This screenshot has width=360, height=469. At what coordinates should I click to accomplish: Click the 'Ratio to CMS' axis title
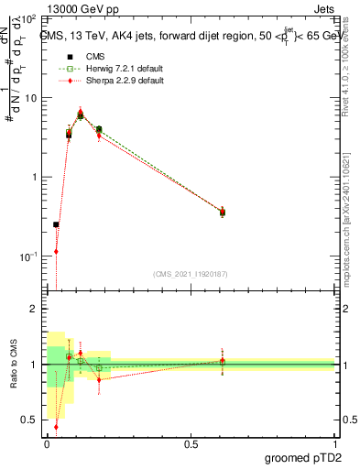point(12,365)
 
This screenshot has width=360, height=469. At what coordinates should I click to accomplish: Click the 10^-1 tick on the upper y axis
point(29,256)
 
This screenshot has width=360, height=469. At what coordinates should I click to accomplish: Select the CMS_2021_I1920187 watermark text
point(191,274)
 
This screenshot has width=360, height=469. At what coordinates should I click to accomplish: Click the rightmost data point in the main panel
point(222,212)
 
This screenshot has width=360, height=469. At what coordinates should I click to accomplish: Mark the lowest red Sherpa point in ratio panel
point(57,426)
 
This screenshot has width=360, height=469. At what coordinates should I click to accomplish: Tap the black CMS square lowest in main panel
point(57,224)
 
